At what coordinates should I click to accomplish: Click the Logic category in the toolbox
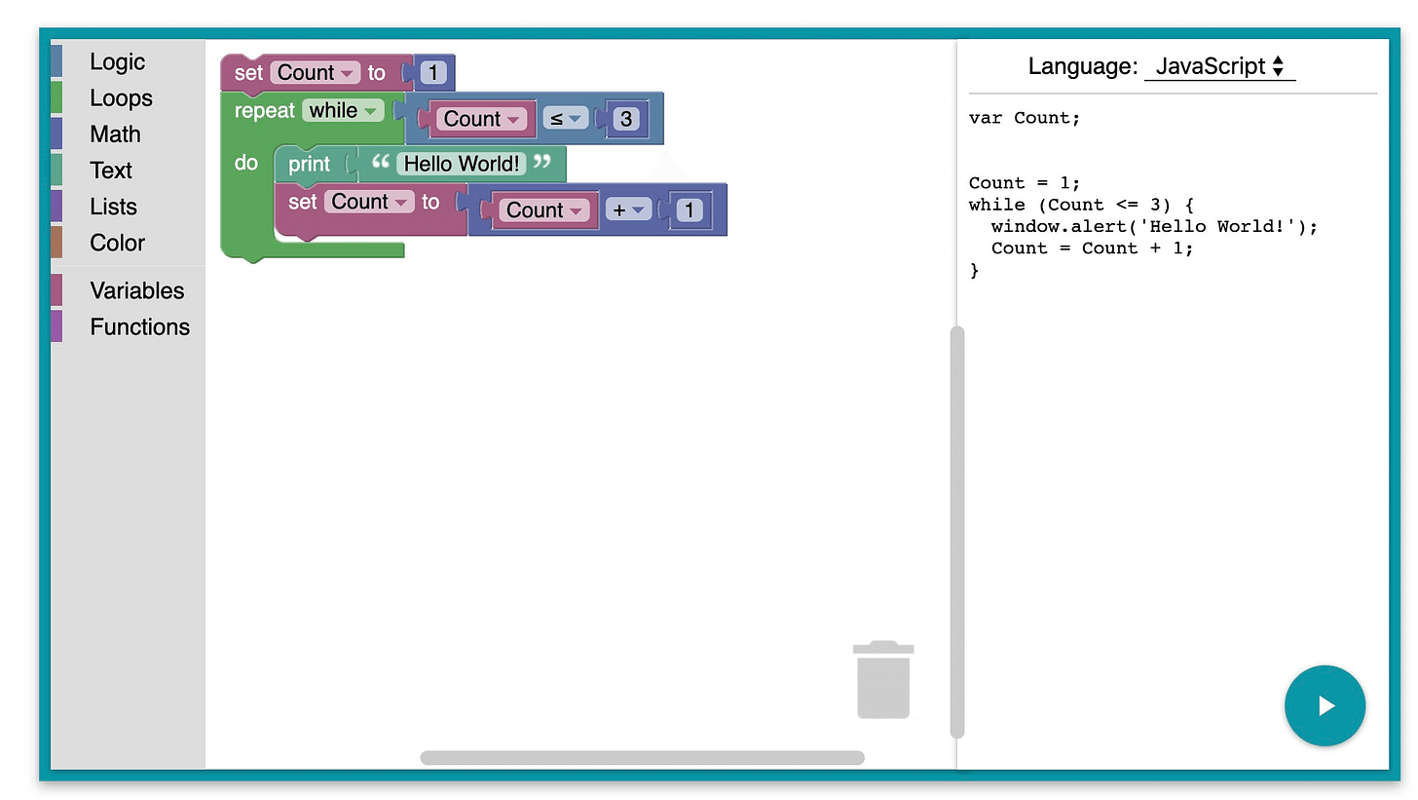[117, 61]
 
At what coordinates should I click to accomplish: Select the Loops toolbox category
[121, 97]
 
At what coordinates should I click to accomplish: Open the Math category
[115, 133]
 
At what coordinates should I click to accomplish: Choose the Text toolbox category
[111, 170]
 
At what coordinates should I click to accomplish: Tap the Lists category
[113, 207]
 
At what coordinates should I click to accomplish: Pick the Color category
[117, 243]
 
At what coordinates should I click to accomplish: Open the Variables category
[136, 290]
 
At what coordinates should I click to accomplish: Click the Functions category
[139, 326]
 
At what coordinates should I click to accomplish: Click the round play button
[1325, 705]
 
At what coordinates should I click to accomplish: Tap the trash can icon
[883, 679]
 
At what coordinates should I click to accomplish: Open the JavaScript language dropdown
[1219, 66]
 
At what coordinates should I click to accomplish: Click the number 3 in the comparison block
[626, 119]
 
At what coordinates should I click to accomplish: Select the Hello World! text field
[462, 164]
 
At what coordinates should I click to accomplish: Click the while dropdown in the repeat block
[343, 110]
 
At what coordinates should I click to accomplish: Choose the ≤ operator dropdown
[565, 119]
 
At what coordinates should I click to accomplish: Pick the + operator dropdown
[628, 210]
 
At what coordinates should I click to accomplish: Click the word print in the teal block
[309, 164]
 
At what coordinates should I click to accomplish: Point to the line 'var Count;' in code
[1025, 118]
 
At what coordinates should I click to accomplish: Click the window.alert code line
[1154, 226]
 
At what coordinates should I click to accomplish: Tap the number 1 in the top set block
[433, 72]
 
